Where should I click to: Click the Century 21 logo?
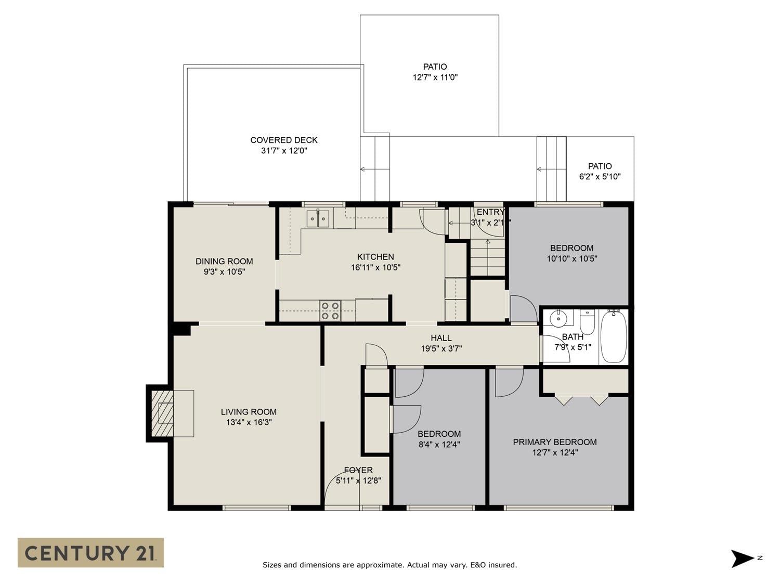coord(90,553)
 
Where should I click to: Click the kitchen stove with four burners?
coord(330,311)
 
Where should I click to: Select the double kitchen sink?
coord(318,218)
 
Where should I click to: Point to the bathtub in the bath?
coord(613,336)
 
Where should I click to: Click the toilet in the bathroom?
coord(587,322)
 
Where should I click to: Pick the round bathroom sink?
coord(558,318)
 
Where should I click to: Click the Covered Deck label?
coord(284,140)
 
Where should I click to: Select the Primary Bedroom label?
coord(555,442)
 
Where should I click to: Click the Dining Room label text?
coord(224,261)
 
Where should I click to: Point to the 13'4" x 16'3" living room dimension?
coord(249,422)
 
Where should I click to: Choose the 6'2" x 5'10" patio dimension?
coord(600,176)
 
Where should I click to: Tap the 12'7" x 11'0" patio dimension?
coord(435,77)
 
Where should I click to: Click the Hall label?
coord(441,338)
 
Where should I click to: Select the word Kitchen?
coord(375,256)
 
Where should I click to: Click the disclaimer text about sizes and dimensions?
coord(389,565)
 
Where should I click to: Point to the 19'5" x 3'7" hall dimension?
coord(441,348)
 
